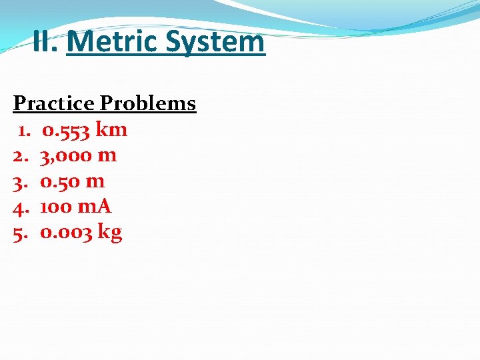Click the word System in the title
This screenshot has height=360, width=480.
point(215,43)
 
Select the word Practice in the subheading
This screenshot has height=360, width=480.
point(54,104)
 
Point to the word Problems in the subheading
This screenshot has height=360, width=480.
point(148,104)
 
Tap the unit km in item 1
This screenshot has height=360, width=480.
point(112,129)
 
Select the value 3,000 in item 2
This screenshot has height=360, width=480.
point(66,155)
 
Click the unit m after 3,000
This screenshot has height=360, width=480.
point(107,156)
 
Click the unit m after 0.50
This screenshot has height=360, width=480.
point(95,182)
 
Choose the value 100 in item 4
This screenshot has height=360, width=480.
point(56,207)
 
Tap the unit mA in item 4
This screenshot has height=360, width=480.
point(95,207)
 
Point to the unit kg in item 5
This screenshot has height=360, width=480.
point(110,233)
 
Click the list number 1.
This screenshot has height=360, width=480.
point(25,129)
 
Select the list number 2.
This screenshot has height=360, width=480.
point(20,155)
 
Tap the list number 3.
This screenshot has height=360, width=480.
point(20,181)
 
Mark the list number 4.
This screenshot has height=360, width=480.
point(20,207)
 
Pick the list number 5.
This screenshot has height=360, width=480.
point(20,233)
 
